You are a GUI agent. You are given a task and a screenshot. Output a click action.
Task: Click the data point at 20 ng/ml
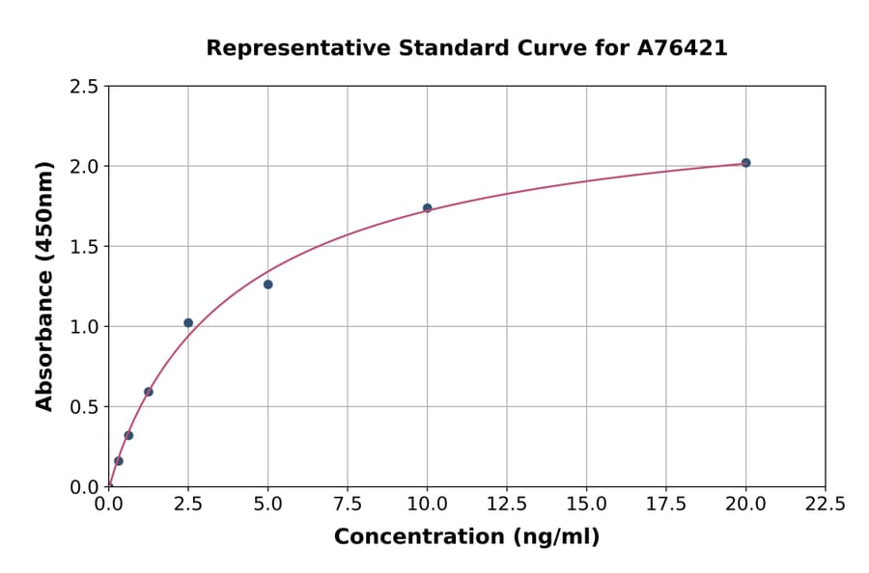[x=745, y=163]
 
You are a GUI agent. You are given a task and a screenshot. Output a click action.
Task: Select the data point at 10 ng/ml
[x=427, y=208]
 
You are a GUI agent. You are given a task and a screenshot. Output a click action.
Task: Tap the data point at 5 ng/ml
[x=267, y=285]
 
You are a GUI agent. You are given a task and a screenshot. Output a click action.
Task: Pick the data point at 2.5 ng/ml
[x=188, y=323]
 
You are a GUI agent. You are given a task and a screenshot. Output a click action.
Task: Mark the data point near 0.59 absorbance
[x=149, y=392]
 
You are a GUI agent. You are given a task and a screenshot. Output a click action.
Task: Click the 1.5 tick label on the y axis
[x=84, y=247]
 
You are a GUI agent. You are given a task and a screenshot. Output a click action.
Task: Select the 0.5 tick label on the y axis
[x=84, y=407]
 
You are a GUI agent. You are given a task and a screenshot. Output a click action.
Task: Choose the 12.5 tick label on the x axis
[x=507, y=505]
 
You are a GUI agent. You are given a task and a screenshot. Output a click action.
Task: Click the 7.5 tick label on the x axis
[x=348, y=505]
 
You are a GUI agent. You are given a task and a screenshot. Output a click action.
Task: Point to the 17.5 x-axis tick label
[x=666, y=505]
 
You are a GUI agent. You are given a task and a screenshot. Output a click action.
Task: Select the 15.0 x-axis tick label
[x=586, y=505]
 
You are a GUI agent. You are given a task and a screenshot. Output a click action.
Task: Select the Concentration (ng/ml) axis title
[x=466, y=537]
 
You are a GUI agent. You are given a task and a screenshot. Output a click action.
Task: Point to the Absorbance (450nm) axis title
[x=44, y=286]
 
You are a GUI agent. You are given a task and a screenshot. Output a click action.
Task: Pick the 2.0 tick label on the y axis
[x=84, y=167]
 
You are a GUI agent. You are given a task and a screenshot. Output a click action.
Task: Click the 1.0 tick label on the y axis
[x=84, y=327]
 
